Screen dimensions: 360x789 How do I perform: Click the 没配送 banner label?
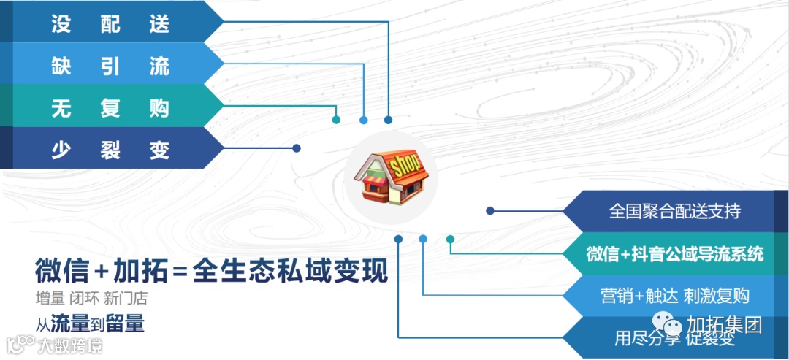(x=110, y=23)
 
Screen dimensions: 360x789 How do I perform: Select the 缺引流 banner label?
(x=110, y=66)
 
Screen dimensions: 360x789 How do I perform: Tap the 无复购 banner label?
(x=110, y=108)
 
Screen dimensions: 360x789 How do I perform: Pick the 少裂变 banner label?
(x=110, y=150)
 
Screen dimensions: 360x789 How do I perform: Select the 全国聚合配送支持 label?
(x=674, y=212)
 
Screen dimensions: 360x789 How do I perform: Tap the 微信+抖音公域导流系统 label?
(x=675, y=254)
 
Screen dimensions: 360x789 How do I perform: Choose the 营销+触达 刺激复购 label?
(x=675, y=296)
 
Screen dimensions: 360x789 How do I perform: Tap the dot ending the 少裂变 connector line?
(x=297, y=148)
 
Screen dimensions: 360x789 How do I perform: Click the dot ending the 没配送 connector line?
(x=389, y=120)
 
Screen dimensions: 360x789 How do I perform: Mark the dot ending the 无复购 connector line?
(x=336, y=120)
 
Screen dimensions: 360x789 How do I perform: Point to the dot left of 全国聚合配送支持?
(x=490, y=211)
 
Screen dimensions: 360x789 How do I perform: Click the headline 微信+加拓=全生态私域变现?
(x=211, y=272)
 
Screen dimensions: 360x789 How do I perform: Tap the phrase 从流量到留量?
(x=90, y=323)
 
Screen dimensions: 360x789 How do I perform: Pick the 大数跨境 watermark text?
(x=70, y=345)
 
